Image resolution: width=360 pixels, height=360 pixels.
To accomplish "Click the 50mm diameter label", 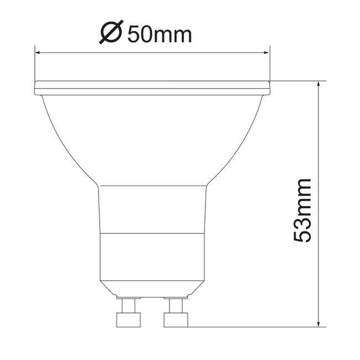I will point(160,34).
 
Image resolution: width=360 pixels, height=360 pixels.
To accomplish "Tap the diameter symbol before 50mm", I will point(110,33).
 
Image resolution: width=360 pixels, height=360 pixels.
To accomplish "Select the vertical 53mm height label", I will point(303,210).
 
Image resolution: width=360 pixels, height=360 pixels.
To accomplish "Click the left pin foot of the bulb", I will point(127,320).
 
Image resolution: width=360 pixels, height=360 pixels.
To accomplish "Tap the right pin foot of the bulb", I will point(176,320).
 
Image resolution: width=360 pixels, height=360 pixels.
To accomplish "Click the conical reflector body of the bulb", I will point(152,138).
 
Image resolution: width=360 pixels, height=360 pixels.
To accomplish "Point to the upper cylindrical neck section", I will point(152,209).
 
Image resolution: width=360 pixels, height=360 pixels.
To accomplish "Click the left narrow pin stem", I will point(128,305).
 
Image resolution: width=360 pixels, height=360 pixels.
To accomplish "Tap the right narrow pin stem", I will point(176,305).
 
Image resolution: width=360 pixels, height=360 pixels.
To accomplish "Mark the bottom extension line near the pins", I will point(255,326).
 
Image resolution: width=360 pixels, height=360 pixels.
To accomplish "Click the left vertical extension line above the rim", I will point(35,64).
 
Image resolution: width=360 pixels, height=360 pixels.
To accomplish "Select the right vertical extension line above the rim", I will point(270,64).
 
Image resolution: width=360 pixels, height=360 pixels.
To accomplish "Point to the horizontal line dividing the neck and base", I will point(152,233).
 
